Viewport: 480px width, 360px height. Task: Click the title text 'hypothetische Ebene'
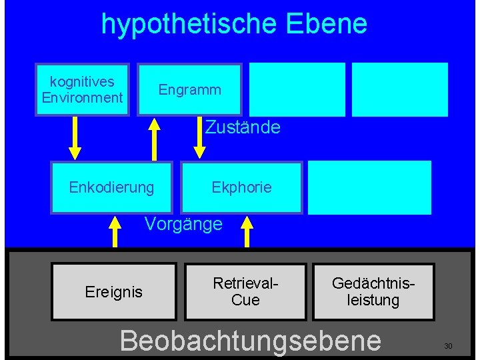coord(234,24)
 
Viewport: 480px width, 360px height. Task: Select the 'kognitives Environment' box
coord(82,89)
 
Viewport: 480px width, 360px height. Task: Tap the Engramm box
coord(190,89)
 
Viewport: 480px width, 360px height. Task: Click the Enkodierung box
coord(111,187)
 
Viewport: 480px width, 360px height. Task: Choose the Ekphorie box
coord(241,187)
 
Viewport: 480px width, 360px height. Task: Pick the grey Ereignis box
coord(114,292)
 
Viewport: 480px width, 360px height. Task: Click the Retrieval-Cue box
coord(245,292)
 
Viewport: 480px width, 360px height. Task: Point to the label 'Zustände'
coord(243,127)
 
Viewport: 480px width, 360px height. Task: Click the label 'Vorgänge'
coord(183,224)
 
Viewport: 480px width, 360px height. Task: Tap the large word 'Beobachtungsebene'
coord(250,340)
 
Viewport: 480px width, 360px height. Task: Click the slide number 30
coord(448,346)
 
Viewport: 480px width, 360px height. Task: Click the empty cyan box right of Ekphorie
coord(369,187)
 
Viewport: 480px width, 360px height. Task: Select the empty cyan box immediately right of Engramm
coord(297,89)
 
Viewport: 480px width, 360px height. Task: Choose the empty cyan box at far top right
coord(399,89)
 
